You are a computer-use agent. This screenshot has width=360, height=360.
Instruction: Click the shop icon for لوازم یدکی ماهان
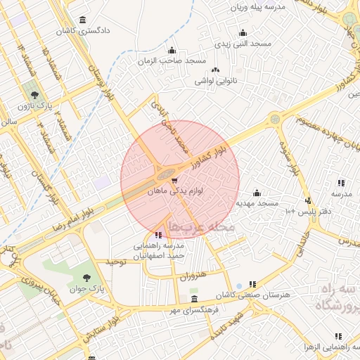[x=174, y=181]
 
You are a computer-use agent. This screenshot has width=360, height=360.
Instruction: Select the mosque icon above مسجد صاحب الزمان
[x=172, y=50]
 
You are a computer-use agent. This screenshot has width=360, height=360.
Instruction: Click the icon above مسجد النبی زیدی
[x=243, y=32]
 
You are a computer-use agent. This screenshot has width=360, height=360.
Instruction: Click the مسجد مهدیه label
[x=258, y=203]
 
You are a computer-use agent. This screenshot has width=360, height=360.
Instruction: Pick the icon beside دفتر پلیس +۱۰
[x=307, y=201]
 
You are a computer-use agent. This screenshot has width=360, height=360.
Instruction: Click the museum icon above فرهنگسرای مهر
[x=194, y=300]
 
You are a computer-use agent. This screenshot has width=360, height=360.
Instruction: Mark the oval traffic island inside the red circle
[x=167, y=173]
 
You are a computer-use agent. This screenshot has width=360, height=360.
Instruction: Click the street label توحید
[x=115, y=262]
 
